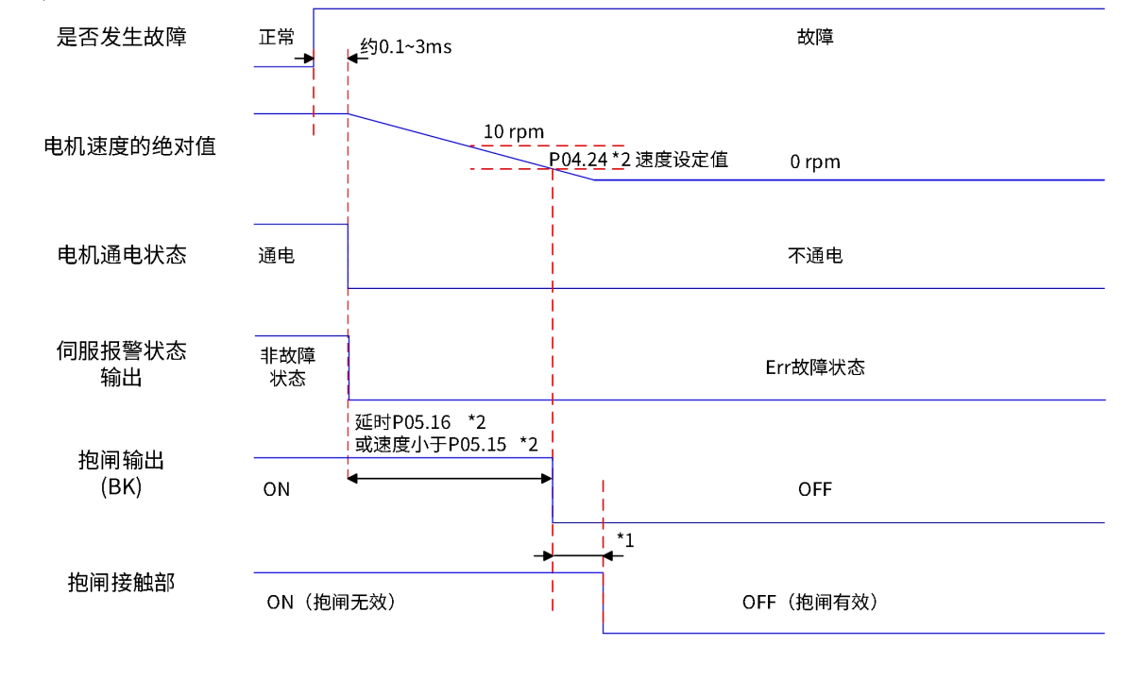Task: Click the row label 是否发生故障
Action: (123, 38)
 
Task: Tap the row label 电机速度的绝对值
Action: (130, 146)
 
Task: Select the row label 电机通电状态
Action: (123, 255)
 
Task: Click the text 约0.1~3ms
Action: (406, 46)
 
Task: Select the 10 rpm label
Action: (514, 131)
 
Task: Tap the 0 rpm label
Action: (815, 162)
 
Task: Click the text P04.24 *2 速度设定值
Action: (639, 160)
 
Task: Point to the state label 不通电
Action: (815, 256)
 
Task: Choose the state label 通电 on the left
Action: (277, 256)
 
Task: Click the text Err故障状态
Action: (815, 367)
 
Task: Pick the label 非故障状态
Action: (288, 367)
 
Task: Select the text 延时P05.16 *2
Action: (420, 422)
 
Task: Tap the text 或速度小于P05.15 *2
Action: (447, 444)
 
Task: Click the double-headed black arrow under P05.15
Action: (450, 478)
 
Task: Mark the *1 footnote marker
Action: (624, 539)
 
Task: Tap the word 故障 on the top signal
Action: (815, 39)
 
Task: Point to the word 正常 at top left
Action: (277, 37)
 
